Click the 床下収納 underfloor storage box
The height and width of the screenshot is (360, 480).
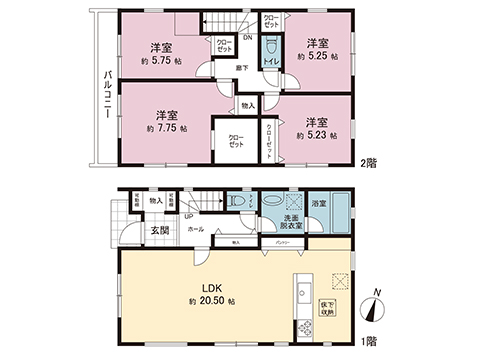click(327, 305)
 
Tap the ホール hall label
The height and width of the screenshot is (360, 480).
click(195, 229)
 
